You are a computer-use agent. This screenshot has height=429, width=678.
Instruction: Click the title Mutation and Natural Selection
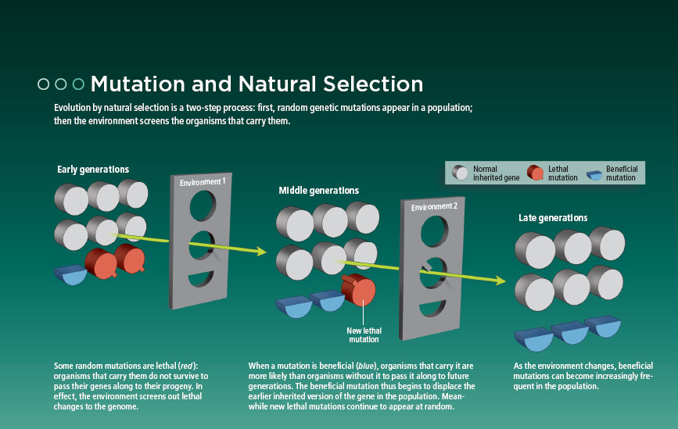(x=256, y=84)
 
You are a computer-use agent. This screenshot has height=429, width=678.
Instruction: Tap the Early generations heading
(x=93, y=170)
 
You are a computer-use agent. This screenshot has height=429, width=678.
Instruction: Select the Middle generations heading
(x=319, y=191)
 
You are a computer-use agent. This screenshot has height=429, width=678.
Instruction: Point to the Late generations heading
(x=553, y=218)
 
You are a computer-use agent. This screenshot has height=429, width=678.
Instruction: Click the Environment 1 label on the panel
(x=203, y=182)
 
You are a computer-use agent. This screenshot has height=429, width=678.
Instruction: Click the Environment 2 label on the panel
(x=434, y=207)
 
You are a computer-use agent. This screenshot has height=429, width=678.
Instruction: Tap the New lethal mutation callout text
(x=364, y=334)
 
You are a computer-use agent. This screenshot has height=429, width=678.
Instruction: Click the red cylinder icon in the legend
(x=536, y=173)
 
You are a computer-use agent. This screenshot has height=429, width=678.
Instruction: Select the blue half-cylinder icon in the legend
(x=594, y=174)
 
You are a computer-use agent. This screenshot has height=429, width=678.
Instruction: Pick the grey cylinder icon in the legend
(x=460, y=173)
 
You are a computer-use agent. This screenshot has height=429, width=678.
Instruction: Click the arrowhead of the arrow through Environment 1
(x=261, y=251)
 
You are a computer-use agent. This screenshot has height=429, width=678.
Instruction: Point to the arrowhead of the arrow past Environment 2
(x=500, y=281)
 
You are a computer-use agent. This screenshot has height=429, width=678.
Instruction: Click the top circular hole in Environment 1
(x=203, y=206)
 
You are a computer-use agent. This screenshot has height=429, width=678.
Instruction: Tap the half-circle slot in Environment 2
(x=432, y=308)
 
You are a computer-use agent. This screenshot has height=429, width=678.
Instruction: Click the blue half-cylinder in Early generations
(x=71, y=275)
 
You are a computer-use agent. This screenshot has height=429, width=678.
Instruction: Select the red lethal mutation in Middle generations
(x=358, y=290)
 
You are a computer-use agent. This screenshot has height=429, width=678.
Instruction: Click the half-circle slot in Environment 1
(x=201, y=278)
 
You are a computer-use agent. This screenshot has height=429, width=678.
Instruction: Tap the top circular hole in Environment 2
(x=435, y=231)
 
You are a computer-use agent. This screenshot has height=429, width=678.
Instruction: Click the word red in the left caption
(x=186, y=366)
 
